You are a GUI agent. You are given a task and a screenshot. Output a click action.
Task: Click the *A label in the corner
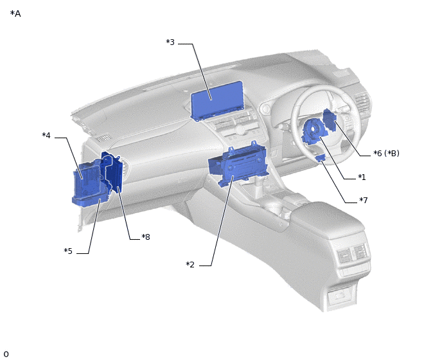click(x=15, y=14)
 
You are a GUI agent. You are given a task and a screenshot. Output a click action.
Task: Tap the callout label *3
click(x=170, y=42)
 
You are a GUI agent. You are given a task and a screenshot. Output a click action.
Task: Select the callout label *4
click(x=46, y=136)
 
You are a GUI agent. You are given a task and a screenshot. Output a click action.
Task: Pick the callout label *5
click(x=68, y=251)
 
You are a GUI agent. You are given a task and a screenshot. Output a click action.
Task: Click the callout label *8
click(x=146, y=237)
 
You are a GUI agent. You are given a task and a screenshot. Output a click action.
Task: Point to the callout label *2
click(x=190, y=265)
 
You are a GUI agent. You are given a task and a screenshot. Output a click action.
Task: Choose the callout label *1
click(x=362, y=177)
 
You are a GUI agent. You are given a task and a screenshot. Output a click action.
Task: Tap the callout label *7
click(x=364, y=201)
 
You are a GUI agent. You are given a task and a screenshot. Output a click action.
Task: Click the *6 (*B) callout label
click(x=387, y=154)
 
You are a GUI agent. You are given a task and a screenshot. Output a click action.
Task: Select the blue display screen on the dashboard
click(x=217, y=101)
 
